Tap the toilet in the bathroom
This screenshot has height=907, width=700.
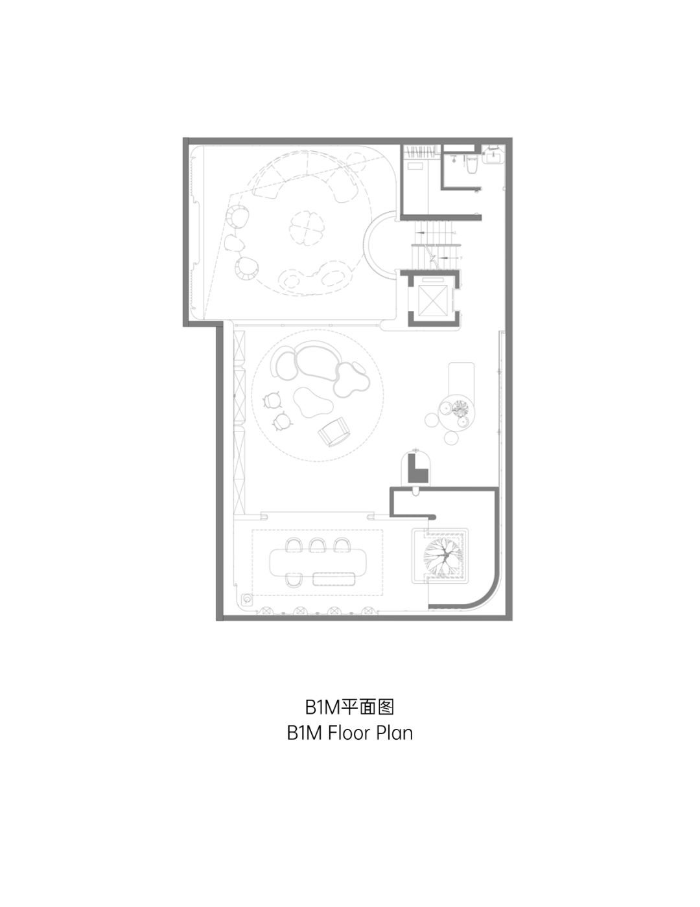click(x=472, y=165)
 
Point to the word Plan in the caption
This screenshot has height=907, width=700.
click(x=393, y=733)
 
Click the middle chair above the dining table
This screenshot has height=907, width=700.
click(x=317, y=545)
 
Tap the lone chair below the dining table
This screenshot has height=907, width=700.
click(x=294, y=580)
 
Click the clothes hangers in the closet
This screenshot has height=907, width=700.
click(x=421, y=152)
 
